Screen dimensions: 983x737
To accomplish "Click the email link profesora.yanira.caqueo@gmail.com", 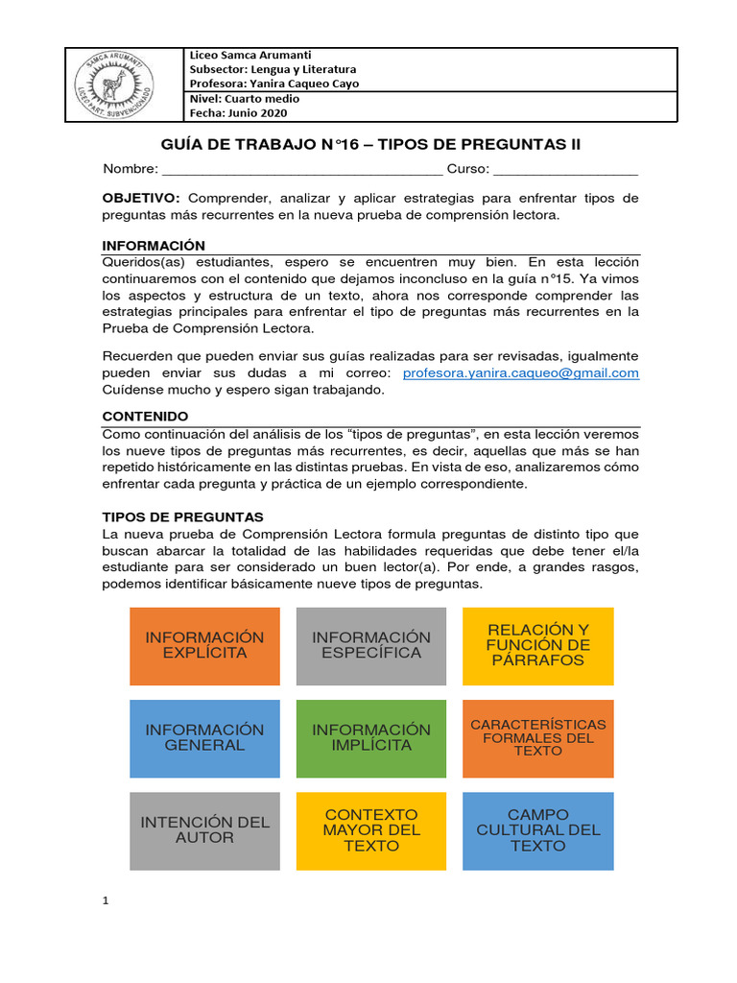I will pos(520,373).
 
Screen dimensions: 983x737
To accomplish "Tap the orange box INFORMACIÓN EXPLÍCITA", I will pos(204,645).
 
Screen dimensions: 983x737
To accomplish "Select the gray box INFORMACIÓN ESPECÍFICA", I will pos(371,645).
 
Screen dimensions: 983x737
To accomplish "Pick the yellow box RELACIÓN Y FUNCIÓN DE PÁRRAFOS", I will pos(537,645).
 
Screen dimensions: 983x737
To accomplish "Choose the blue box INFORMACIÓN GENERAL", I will pos(204,737).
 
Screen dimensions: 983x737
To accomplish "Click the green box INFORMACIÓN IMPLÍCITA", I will pos(371,737).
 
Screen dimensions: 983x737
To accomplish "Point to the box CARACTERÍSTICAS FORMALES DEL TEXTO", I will pos(537,737).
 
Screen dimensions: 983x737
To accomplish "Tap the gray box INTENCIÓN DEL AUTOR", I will pos(204,830).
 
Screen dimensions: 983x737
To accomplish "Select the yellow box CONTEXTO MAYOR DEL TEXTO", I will pos(371,830).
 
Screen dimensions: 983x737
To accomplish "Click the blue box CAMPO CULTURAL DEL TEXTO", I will pos(537,830).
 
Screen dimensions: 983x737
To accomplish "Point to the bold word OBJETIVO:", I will pos(141,198).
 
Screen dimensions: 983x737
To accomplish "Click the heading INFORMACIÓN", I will pos(154,246).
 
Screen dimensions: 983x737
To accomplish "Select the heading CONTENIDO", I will pos(145,417).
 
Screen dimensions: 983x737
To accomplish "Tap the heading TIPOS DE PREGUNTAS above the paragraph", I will pos(182,517).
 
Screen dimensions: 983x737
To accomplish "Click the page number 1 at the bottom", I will pos(107,900).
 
